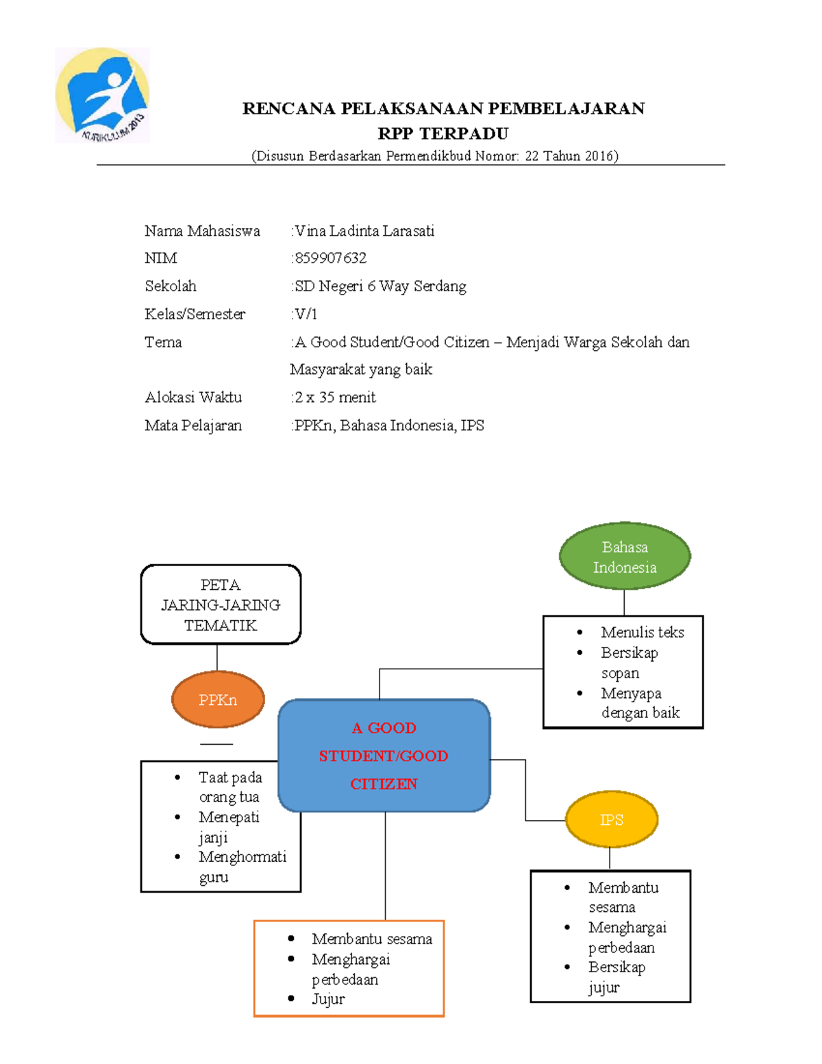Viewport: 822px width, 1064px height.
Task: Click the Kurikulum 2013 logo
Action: pos(102,95)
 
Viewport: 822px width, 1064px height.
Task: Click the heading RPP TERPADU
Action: pos(443,133)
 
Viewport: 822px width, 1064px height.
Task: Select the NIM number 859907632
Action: pos(330,258)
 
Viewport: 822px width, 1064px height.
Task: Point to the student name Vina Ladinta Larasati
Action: pos(364,231)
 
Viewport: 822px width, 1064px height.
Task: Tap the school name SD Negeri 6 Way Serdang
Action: pos(380,286)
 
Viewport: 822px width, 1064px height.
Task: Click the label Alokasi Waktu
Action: pos(193,397)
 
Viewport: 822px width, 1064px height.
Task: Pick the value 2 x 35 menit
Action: pos(335,397)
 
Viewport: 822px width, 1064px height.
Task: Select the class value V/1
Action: pos(306,314)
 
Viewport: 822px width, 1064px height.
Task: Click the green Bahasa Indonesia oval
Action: pos(625,556)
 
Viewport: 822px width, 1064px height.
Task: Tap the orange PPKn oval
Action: pos(218,700)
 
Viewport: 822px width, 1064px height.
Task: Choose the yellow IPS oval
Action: pos(612,819)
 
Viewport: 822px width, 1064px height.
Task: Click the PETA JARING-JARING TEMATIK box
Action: pos(221,605)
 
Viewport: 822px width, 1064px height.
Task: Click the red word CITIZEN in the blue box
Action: pos(384,784)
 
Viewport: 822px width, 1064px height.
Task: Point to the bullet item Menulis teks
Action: pos(643,632)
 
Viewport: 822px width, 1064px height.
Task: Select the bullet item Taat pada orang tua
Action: pos(230,787)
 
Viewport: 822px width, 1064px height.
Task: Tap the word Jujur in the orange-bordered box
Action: pos(329,999)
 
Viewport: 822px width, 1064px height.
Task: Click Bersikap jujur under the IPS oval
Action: pos(617,978)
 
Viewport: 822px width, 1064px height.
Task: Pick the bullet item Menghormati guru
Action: pos(242,867)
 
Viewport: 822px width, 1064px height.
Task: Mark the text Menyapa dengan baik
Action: pos(640,703)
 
